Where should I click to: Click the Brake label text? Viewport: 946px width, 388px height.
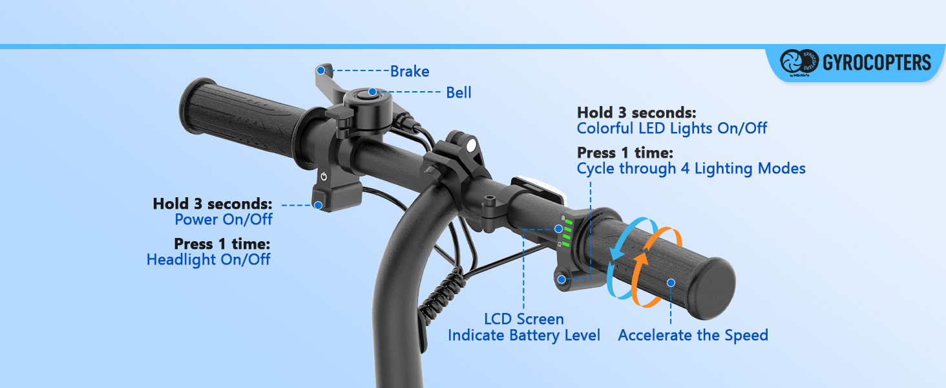[x=410, y=71]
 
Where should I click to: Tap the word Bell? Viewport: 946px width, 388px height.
[x=459, y=92]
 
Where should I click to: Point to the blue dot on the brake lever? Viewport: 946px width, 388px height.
[x=321, y=70]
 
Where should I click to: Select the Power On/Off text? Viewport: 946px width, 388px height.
[x=224, y=219]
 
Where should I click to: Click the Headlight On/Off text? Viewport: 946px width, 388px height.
[x=208, y=259]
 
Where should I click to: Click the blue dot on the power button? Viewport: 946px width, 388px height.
[x=318, y=206]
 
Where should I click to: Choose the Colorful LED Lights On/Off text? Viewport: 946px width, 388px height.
[x=672, y=128]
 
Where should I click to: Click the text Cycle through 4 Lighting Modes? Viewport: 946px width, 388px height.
[x=691, y=169]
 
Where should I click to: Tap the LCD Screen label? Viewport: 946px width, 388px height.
[x=524, y=319]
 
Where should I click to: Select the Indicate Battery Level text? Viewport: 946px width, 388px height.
[x=524, y=335]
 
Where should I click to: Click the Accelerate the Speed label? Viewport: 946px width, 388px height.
[x=693, y=335]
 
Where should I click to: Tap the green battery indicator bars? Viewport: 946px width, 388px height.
[x=567, y=233]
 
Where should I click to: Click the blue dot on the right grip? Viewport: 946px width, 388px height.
[x=671, y=282]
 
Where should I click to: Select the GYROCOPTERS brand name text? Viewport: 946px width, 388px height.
[x=877, y=63]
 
